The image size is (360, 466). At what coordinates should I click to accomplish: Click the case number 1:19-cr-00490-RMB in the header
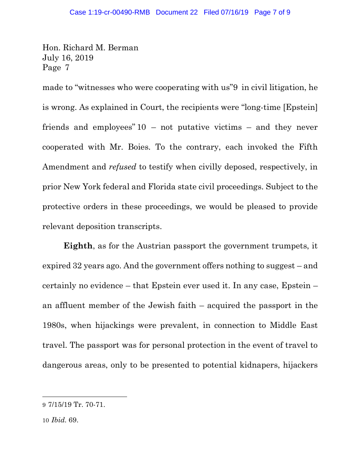[110, 12]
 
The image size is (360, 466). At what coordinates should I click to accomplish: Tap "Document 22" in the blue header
[176, 12]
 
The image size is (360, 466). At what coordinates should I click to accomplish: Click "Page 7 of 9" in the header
[272, 12]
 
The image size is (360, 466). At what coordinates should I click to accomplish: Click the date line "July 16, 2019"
[67, 58]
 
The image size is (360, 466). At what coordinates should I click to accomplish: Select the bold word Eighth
[78, 246]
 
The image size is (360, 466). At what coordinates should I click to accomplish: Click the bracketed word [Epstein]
[298, 107]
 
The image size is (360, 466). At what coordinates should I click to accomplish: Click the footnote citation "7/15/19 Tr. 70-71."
[77, 405]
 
